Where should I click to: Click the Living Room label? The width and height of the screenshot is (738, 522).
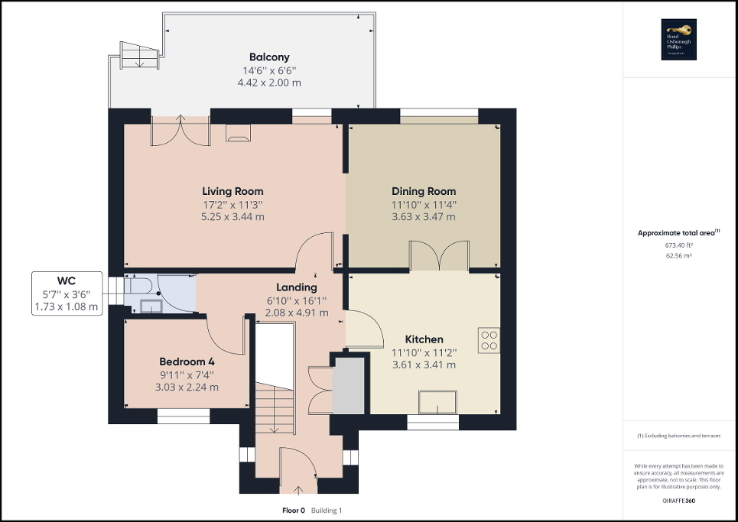click(232, 191)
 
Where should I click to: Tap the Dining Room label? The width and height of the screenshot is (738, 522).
click(424, 191)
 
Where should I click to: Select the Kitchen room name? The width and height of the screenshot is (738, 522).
click(424, 339)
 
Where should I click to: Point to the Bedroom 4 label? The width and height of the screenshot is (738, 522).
click(187, 362)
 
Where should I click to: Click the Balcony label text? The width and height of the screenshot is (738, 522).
click(269, 57)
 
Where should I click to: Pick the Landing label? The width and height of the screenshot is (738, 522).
click(296, 287)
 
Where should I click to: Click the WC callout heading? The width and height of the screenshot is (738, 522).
click(66, 280)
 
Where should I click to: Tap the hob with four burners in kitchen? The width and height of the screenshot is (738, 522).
click(489, 339)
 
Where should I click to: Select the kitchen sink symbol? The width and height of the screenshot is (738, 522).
click(437, 402)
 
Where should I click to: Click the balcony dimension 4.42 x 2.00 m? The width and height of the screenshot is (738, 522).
click(269, 82)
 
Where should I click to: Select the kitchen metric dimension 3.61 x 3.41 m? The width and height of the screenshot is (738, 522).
click(424, 365)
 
